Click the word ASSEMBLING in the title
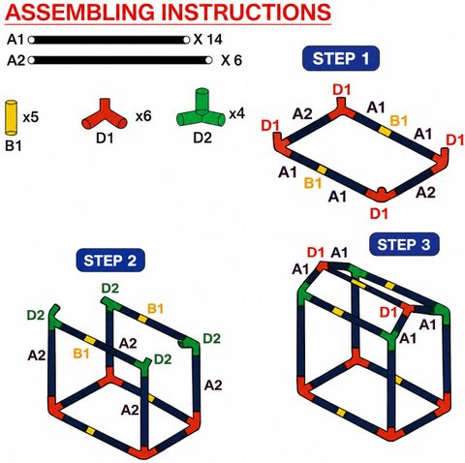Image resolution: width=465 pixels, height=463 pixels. (x=80, y=12)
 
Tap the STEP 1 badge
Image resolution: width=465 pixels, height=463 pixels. (x=341, y=58)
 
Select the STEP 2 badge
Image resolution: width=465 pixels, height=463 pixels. (x=110, y=261)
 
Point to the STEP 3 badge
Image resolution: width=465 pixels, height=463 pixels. (x=404, y=244)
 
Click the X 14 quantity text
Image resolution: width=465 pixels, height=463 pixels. (x=208, y=40)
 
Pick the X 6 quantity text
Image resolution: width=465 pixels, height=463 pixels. (x=232, y=60)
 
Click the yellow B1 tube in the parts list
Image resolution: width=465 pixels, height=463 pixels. (x=11, y=117)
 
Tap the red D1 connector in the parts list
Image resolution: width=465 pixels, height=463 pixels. (x=105, y=115)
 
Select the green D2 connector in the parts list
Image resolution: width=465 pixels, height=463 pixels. (x=201, y=108)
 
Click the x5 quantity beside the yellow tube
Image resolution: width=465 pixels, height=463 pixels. (x=31, y=117)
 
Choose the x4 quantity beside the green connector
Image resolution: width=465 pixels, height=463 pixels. (x=237, y=113)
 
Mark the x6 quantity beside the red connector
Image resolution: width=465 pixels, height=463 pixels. (x=143, y=116)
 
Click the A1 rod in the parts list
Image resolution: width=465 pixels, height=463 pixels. (x=108, y=40)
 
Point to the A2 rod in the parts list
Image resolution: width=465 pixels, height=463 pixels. (x=120, y=60)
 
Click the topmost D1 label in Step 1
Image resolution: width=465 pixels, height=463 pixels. (x=342, y=90)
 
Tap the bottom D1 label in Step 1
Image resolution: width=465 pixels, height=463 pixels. (x=379, y=213)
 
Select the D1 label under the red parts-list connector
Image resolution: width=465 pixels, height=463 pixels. (x=105, y=139)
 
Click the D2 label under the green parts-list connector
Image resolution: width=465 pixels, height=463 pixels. (x=202, y=138)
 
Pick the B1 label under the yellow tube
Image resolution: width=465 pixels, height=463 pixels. (x=14, y=146)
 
